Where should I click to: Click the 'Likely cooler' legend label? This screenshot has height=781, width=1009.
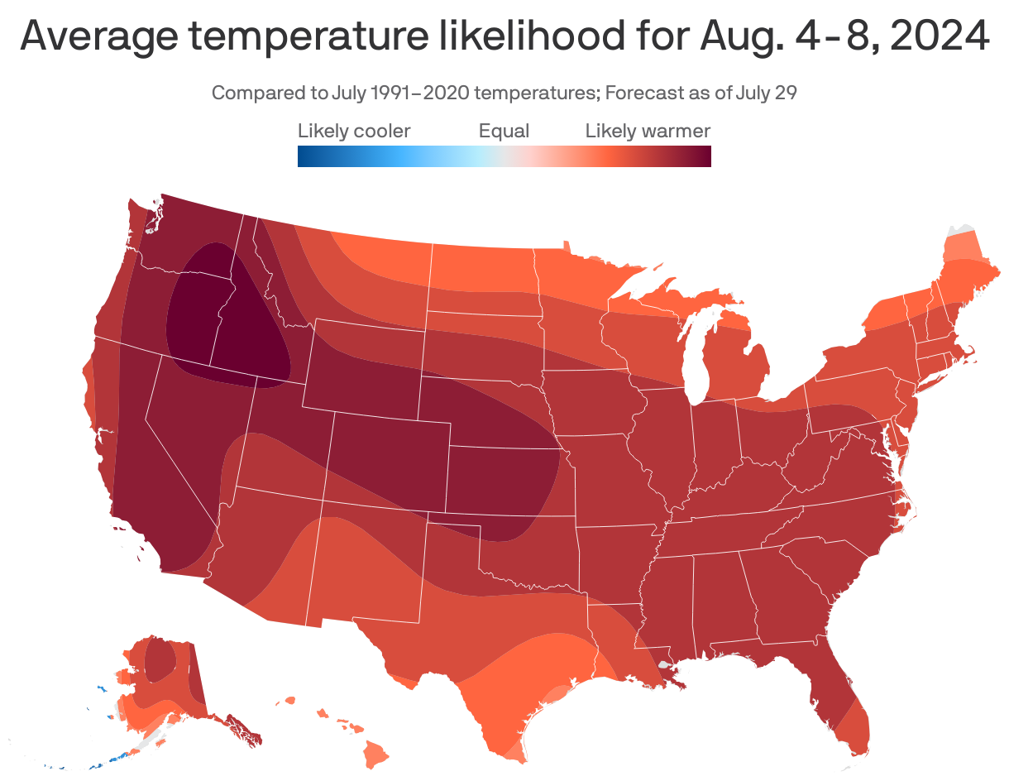pos(354,131)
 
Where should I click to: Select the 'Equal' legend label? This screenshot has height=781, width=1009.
pos(504,131)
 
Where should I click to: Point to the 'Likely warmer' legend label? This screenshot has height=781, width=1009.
pos(648,131)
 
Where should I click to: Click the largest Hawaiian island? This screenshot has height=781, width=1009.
pos(377,754)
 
